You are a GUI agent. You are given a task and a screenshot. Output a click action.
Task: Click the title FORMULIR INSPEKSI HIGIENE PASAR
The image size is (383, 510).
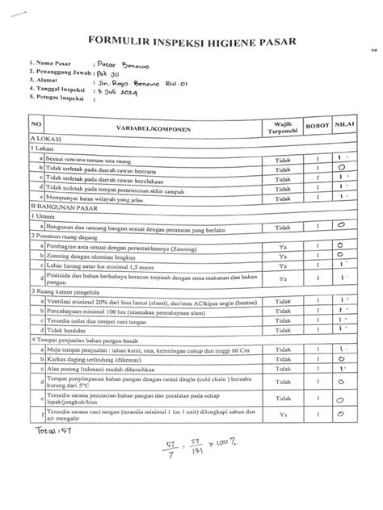coord(191,40)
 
